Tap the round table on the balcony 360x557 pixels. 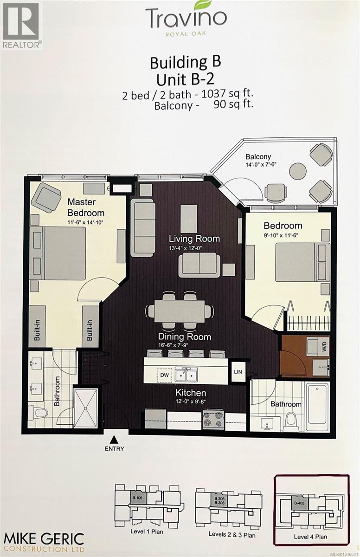(298, 171)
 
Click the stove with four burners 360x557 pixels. (213, 419)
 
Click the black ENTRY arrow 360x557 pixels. (113, 438)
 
